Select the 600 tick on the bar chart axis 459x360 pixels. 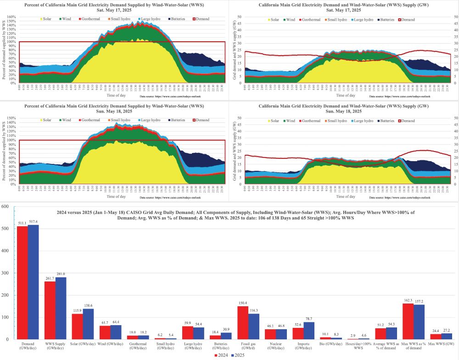(6, 207)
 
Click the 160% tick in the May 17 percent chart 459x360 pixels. (11, 17)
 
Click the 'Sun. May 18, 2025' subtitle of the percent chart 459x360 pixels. (115, 111)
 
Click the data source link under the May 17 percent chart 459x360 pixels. (170, 98)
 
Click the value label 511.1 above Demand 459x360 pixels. (22, 223)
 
